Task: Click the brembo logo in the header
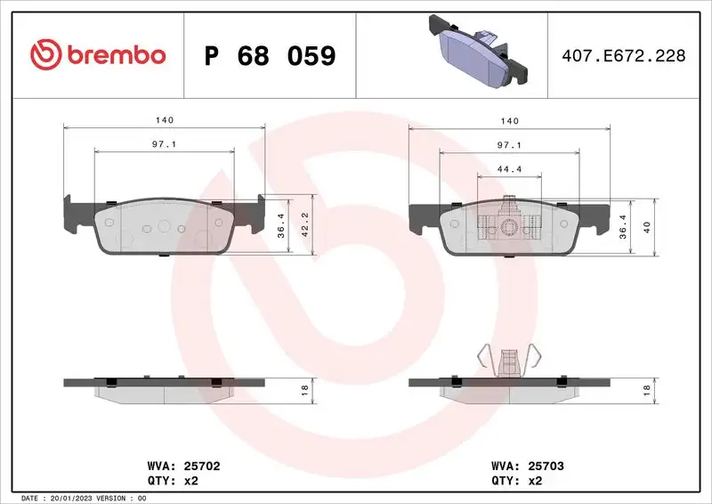click(x=98, y=55)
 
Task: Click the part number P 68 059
click(x=270, y=56)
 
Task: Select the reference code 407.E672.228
click(x=624, y=56)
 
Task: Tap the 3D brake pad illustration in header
click(x=480, y=51)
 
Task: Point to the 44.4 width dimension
click(x=508, y=168)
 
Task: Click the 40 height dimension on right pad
click(x=647, y=226)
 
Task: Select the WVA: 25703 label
click(x=528, y=466)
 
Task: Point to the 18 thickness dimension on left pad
click(x=303, y=387)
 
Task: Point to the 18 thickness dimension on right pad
click(x=647, y=387)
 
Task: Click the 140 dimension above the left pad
click(x=165, y=118)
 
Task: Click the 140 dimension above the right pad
click(x=508, y=118)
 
